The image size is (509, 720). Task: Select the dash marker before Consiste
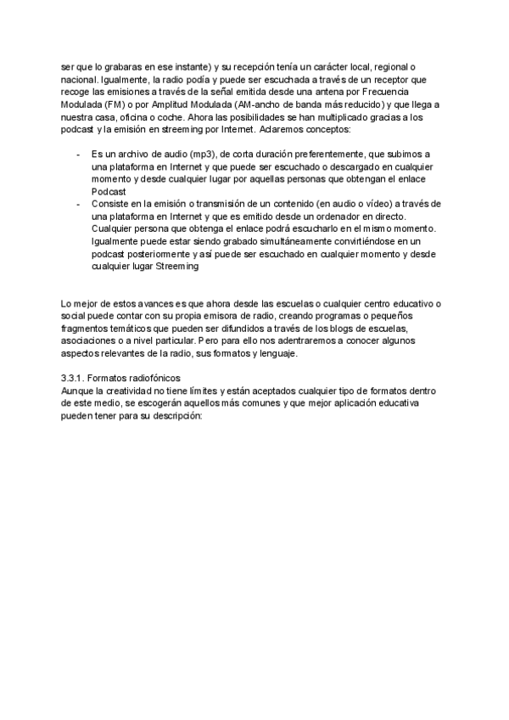pos(78,204)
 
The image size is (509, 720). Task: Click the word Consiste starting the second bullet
pos(111,204)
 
